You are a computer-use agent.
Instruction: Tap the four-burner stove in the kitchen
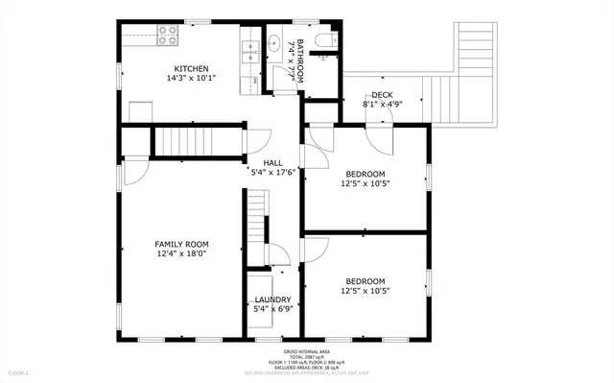click(169, 37)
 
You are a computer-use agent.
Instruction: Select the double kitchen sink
click(251, 50)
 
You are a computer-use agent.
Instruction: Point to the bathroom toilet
click(325, 40)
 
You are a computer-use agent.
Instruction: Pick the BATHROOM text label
click(299, 60)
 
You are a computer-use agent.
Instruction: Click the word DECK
click(382, 94)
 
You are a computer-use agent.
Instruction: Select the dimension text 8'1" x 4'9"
click(382, 104)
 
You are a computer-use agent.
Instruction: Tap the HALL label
click(272, 163)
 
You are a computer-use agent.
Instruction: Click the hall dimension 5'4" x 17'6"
click(272, 173)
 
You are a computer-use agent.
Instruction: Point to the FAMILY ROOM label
click(182, 245)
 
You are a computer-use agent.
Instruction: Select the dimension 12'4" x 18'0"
click(182, 254)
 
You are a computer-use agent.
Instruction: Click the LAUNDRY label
click(272, 299)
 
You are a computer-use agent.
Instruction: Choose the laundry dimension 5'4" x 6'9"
click(272, 309)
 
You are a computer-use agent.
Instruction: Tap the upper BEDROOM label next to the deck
click(366, 173)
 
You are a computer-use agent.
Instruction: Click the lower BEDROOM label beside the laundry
click(366, 280)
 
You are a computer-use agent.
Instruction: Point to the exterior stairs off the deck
click(474, 48)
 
